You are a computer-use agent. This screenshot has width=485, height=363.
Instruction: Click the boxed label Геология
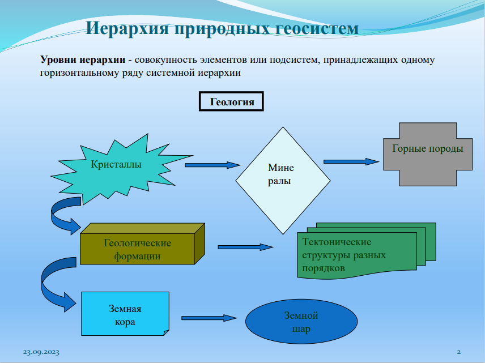231,103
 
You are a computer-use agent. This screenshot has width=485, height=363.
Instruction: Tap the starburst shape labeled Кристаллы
116,165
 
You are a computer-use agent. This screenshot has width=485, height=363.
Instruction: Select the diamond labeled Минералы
282,175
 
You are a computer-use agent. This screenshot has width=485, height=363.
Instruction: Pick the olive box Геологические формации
137,249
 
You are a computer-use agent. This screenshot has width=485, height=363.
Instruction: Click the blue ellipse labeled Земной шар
301,323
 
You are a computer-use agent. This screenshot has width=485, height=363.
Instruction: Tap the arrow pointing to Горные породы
351,161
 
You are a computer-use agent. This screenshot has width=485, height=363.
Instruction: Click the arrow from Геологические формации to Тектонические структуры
245,247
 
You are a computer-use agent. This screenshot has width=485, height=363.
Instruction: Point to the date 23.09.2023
41,352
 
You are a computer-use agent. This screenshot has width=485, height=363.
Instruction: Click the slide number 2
459,352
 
